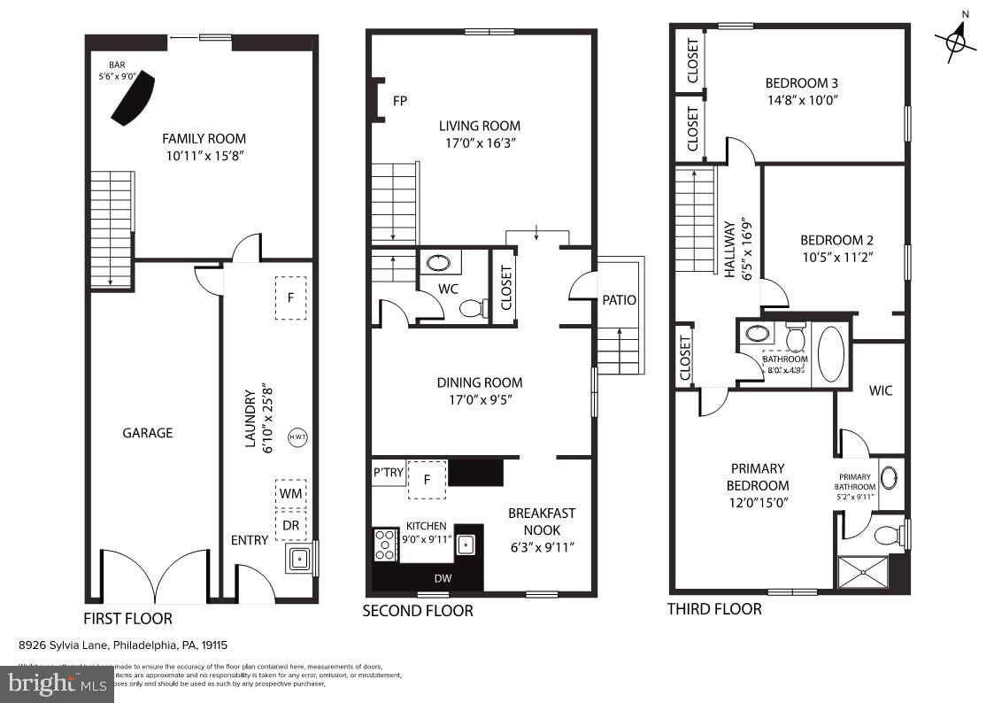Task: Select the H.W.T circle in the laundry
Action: tap(296, 436)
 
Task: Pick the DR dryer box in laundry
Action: tap(290, 524)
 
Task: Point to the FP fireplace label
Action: tap(400, 101)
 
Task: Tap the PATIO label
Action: tap(619, 299)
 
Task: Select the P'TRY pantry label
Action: tap(389, 473)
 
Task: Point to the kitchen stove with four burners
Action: tap(385, 545)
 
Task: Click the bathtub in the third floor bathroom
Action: tap(830, 354)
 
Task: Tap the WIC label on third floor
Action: tap(881, 390)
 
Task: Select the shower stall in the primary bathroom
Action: tap(861, 572)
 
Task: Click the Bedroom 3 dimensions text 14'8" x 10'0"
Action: tap(801, 100)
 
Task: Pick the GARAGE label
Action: tap(148, 433)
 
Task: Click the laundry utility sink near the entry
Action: tap(300, 559)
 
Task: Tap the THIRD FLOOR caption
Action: tap(713, 609)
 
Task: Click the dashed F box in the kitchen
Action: tap(427, 480)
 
